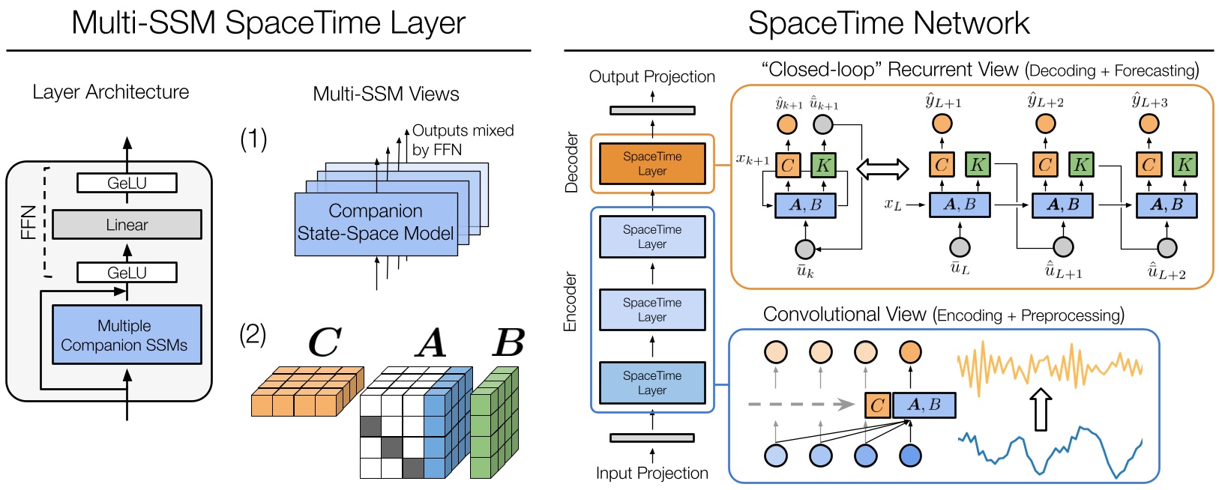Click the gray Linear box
[127, 225]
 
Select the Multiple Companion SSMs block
[127, 335]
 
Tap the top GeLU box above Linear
[127, 183]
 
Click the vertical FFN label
[28, 223]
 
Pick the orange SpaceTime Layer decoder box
[652, 163]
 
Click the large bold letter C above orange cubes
[325, 342]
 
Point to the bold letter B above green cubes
[509, 342]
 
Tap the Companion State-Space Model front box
[376, 223]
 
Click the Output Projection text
[651, 76]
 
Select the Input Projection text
[651, 473]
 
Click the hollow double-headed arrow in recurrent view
[882, 169]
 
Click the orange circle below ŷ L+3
[1149, 124]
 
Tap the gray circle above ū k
[804, 248]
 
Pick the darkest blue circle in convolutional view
[910, 455]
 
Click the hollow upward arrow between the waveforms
[1040, 409]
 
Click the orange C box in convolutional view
[877, 405]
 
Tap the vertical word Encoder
[571, 301]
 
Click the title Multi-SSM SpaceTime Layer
[268, 22]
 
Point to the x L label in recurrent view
[892, 205]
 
